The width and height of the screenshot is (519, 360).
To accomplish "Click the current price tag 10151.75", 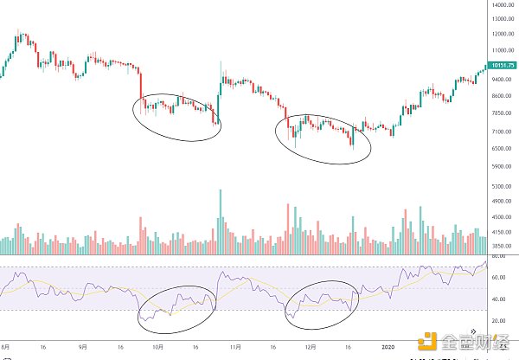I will (x=501, y=66).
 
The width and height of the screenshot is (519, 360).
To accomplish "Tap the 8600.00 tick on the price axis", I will (x=500, y=96).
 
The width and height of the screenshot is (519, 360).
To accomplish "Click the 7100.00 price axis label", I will (x=500, y=132).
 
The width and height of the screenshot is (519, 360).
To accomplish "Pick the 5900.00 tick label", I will (x=500, y=166).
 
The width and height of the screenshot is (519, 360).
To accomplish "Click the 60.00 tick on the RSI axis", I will (x=497, y=278).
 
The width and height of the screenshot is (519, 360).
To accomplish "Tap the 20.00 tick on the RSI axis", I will (x=497, y=320).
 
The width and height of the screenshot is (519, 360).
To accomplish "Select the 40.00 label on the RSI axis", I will (x=497, y=299).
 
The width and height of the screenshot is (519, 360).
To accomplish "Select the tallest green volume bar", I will (x=221, y=221).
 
